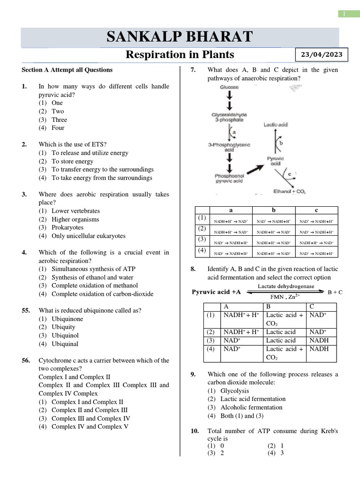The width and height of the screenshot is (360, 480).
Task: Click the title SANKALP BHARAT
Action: (x=180, y=37)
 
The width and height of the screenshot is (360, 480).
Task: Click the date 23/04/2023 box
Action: (x=321, y=55)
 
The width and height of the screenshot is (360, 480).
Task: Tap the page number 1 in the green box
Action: (x=345, y=15)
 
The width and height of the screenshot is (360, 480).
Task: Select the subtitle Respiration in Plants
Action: (x=180, y=55)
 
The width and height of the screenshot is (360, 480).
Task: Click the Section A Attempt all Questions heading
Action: (x=67, y=70)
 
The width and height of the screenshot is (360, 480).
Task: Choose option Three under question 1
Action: (x=59, y=120)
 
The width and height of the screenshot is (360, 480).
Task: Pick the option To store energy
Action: (x=72, y=161)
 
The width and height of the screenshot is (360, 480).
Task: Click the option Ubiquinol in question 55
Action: (x=65, y=336)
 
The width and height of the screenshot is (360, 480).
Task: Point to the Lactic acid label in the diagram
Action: (x=276, y=125)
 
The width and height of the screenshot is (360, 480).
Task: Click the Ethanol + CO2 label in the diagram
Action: (x=289, y=191)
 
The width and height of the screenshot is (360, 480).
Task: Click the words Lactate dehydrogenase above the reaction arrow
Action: (x=279, y=286)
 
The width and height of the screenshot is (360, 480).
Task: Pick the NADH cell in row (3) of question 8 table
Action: (x=319, y=340)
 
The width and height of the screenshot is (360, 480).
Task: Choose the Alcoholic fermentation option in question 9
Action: (x=251, y=407)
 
